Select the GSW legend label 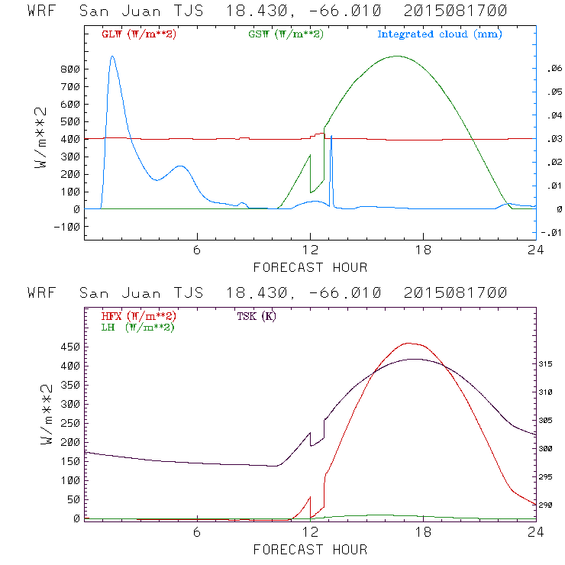(x=286, y=34)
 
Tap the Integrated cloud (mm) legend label (x=440, y=34)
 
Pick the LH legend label (x=137, y=327)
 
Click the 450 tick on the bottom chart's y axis (x=69, y=347)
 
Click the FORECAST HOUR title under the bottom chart (x=310, y=549)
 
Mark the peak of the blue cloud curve (x=112, y=56)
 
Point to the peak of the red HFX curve (x=408, y=343)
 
